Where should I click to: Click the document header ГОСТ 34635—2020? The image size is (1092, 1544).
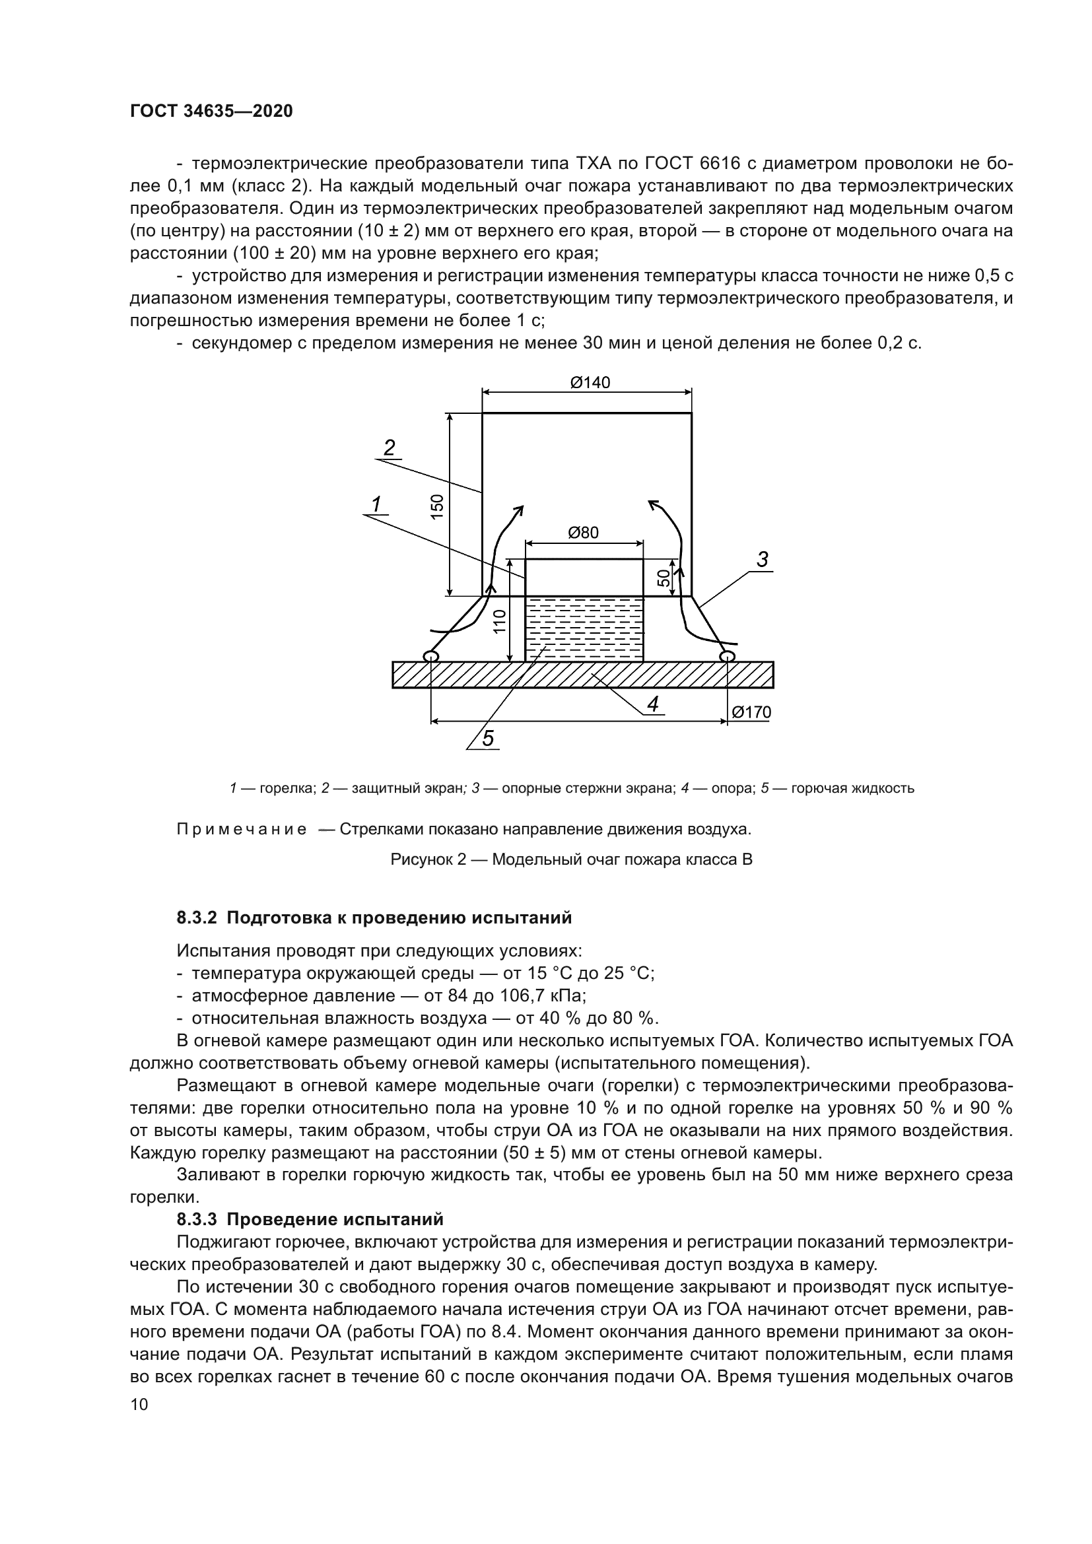(x=211, y=111)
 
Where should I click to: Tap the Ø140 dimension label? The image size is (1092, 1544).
(x=590, y=383)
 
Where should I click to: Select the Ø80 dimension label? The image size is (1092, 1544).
(x=583, y=533)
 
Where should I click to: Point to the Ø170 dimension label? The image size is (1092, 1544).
(x=751, y=712)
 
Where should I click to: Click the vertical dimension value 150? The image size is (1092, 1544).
(x=437, y=506)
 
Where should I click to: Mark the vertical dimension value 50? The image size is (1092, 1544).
(x=664, y=577)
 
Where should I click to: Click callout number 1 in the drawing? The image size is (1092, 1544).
(x=376, y=504)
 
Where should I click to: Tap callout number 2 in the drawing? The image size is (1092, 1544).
(x=390, y=448)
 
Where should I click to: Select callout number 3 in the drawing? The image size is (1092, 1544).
(x=762, y=560)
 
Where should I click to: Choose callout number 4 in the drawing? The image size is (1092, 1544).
(x=652, y=704)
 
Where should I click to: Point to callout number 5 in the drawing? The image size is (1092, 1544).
(x=487, y=739)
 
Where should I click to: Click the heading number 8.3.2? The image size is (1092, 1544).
(x=198, y=918)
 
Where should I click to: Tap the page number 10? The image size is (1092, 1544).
(x=139, y=1405)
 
